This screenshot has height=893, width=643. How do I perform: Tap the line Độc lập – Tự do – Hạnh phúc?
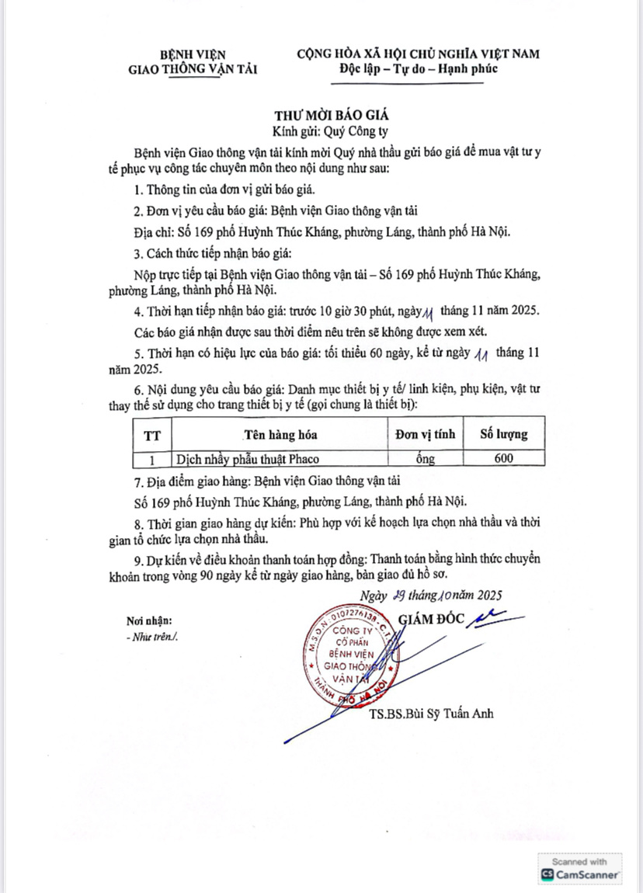point(418,69)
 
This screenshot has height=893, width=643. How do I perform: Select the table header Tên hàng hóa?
point(280,434)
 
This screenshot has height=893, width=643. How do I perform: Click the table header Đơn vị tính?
point(426,434)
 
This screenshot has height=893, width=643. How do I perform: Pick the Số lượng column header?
point(503,434)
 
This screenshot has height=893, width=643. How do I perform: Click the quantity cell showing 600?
point(503,458)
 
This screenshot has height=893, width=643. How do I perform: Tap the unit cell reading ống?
point(425,458)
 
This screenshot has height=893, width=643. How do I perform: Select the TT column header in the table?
point(152,434)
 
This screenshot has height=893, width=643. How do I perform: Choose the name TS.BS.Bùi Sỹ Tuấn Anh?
point(432,714)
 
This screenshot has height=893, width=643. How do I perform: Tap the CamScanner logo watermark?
point(579,868)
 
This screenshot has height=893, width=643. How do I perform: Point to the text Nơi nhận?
point(149,620)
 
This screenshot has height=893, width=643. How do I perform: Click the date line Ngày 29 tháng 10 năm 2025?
point(431,596)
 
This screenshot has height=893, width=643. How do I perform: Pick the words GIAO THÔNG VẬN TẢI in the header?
point(193,69)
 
